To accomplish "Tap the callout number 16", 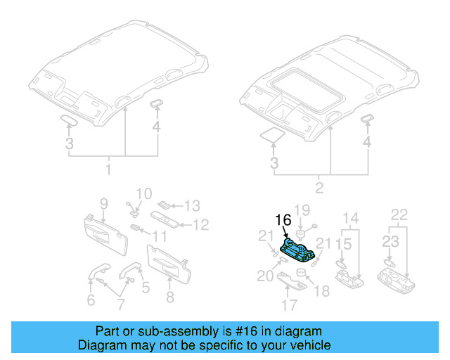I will [283, 220].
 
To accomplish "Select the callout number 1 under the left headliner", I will [108, 169].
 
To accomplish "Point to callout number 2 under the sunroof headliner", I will [319, 188].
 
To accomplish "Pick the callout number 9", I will [103, 204].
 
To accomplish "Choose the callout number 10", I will [143, 193].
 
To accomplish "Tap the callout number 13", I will [192, 206].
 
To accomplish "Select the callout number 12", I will [201, 225].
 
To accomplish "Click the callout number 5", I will [146, 287].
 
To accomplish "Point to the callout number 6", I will [91, 300].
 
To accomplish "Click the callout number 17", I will [289, 305].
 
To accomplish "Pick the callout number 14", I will [350, 218].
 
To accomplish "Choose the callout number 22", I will [399, 214].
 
